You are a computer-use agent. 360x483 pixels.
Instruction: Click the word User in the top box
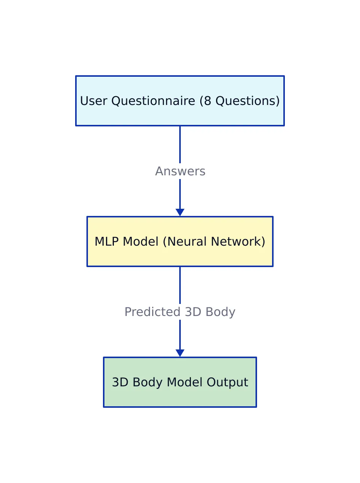pos(94,101)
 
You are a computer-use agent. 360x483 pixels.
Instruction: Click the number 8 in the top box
pos(207,101)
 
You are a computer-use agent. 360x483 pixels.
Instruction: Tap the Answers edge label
pos(180,171)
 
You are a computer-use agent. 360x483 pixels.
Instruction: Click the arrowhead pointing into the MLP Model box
pos(180,212)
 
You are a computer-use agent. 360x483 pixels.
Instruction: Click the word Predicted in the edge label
pos(152,312)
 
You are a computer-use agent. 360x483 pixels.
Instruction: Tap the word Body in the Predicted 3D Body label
pos(220,312)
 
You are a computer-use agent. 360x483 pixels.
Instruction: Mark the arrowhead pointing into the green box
pos(180,353)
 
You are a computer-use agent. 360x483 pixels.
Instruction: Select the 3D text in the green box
pos(120,382)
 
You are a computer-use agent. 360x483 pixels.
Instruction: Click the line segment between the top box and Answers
pos(180,144)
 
